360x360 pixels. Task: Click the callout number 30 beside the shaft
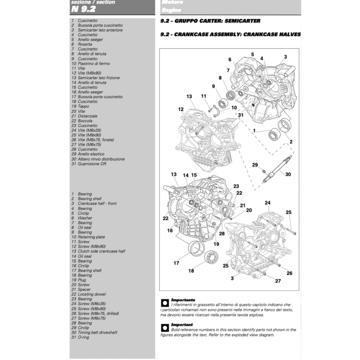point(288,174)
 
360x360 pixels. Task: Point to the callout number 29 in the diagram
point(255,165)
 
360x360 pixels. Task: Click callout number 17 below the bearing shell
point(176,263)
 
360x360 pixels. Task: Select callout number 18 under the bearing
point(191,271)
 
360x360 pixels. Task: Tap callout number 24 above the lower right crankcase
point(268,203)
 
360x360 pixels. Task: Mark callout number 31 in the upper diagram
point(240,115)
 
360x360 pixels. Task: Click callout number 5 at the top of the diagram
point(252,54)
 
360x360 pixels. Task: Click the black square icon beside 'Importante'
point(165,303)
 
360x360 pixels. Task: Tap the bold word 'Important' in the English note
point(182,325)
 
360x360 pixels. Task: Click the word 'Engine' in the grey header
point(171,10)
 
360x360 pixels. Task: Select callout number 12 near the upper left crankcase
point(181,109)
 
